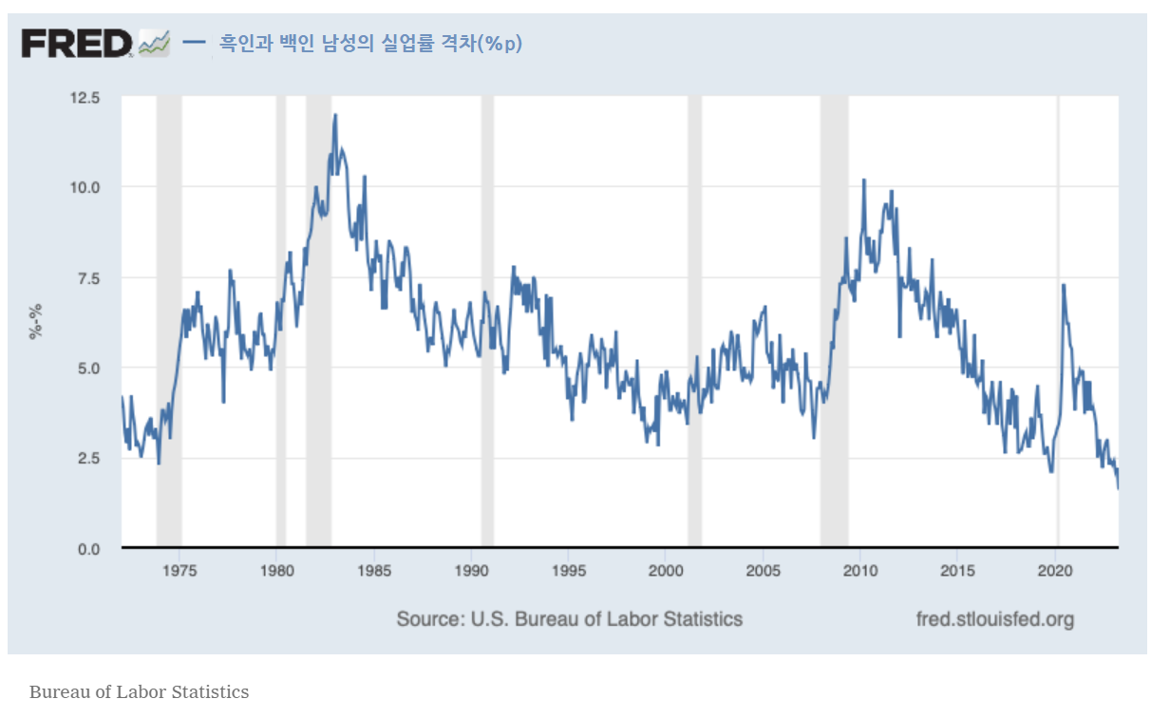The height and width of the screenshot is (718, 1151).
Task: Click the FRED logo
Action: (77, 43)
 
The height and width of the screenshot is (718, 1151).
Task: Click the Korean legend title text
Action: (370, 44)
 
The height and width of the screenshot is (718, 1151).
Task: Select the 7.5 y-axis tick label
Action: (85, 277)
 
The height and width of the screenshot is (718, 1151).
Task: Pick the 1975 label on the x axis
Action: (179, 571)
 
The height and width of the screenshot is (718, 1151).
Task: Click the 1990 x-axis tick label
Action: (471, 571)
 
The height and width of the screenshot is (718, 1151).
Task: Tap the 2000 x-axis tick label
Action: (666, 571)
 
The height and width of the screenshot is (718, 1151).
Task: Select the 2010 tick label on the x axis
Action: (860, 571)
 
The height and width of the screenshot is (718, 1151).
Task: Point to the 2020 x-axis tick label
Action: (1055, 571)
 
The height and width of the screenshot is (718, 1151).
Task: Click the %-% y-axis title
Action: (36, 323)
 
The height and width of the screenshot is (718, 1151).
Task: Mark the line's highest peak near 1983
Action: (335, 115)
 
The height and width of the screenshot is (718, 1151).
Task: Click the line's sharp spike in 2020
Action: (1063, 285)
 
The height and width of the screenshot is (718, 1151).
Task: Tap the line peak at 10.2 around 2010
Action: (863, 179)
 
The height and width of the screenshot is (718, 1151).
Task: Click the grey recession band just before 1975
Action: (169, 323)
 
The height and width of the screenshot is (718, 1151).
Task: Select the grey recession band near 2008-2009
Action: (834, 323)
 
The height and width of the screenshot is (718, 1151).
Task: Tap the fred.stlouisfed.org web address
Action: (994, 619)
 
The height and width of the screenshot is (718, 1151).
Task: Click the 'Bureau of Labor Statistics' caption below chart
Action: (139, 691)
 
